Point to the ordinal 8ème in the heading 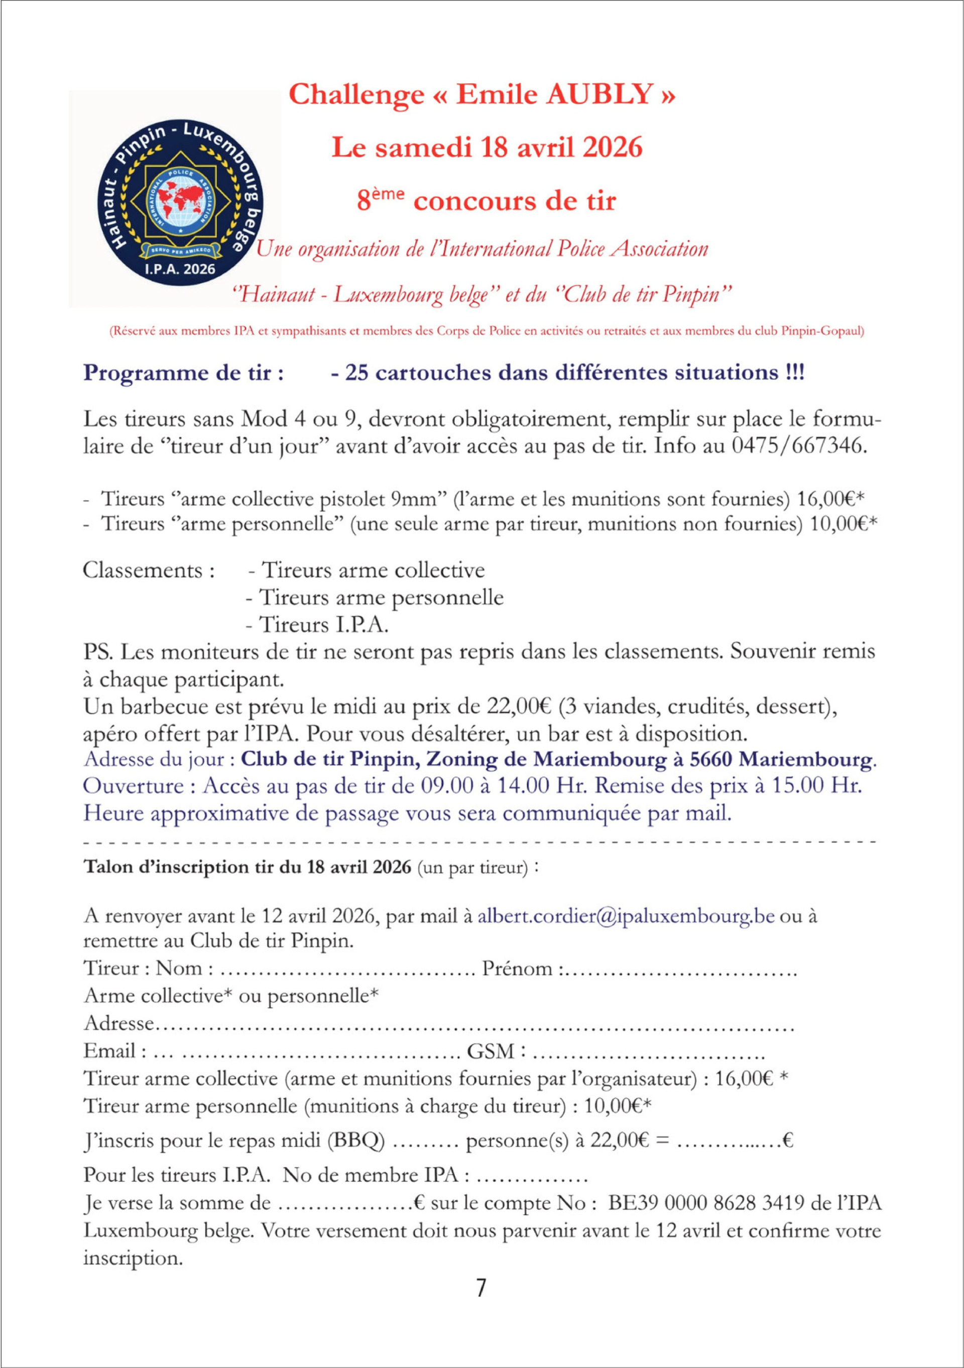pyautogui.click(x=381, y=200)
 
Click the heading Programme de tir pyautogui.click(x=184, y=373)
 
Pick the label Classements pyautogui.click(x=149, y=570)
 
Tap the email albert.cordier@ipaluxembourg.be pyautogui.click(x=626, y=916)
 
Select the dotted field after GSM pyautogui.click(x=647, y=1051)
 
